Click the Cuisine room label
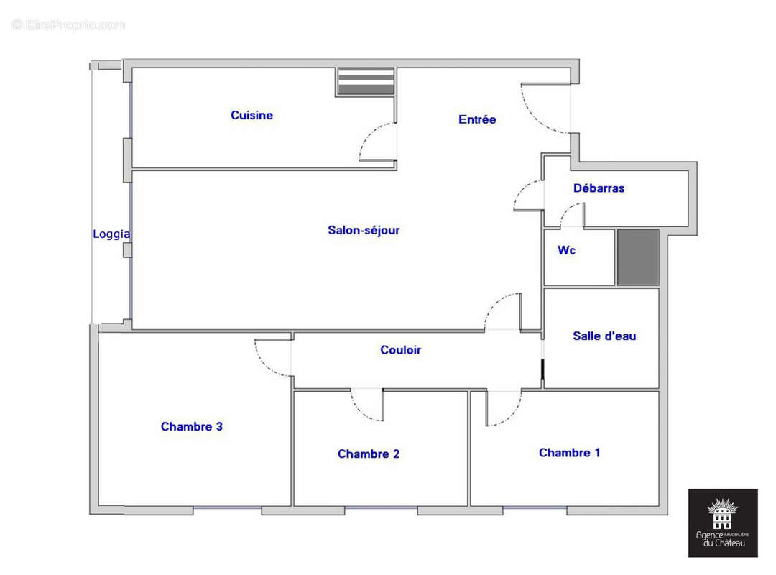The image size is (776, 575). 251,115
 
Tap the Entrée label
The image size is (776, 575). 477,119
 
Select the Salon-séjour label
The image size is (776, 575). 364,231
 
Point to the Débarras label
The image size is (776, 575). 599,188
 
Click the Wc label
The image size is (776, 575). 566,251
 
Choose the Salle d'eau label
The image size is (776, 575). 604,336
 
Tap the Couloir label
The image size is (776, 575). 400,350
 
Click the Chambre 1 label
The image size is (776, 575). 569,453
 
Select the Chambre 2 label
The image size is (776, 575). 368,454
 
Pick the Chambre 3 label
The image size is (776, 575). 191,427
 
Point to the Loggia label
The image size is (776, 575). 111,234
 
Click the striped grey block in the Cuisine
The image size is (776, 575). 366,82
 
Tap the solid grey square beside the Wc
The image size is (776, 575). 638,257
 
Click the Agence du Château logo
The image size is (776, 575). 723,523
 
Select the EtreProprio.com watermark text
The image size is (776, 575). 68,25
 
